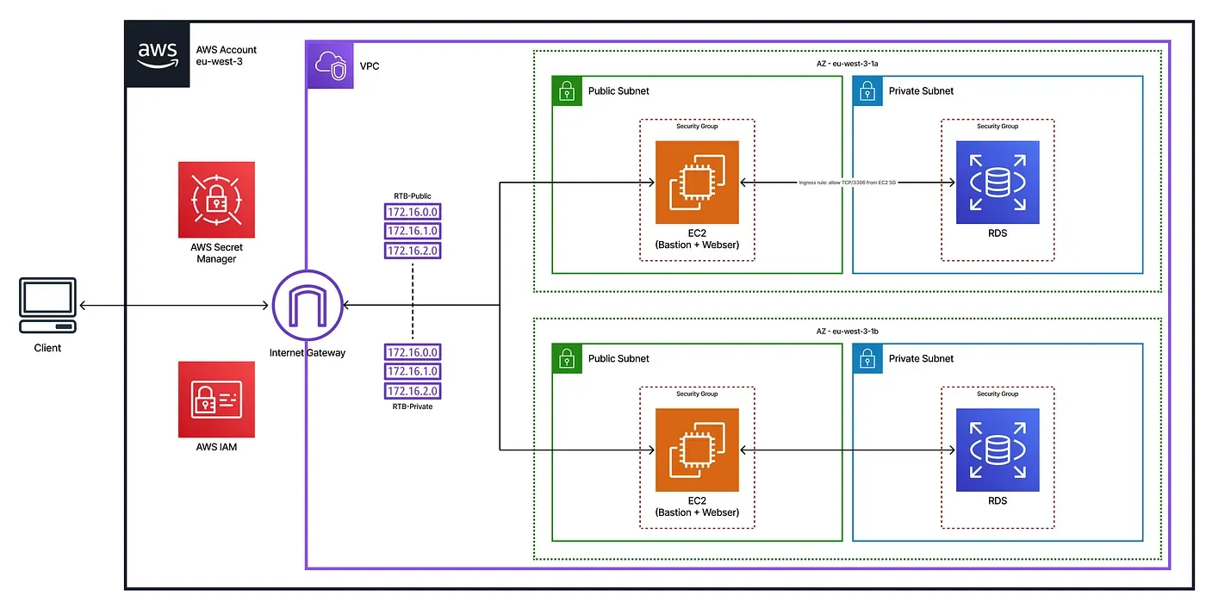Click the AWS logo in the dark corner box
[158, 53]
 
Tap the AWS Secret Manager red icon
[216, 199]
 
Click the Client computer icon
[48, 305]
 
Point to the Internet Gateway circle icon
[308, 306]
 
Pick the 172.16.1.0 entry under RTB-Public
[413, 231]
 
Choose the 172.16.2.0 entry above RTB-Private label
[413, 391]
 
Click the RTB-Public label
[413, 196]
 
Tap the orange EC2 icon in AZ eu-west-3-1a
[697, 183]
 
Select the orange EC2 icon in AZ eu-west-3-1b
[697, 450]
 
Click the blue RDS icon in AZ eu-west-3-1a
[998, 183]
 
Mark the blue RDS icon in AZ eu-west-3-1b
[998, 450]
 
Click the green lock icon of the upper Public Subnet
[566, 90]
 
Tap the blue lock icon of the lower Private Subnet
[867, 358]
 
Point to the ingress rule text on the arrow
[847, 183]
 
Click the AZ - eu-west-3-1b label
[847, 331]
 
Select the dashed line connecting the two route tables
[413, 301]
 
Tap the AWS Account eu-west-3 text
[227, 56]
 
